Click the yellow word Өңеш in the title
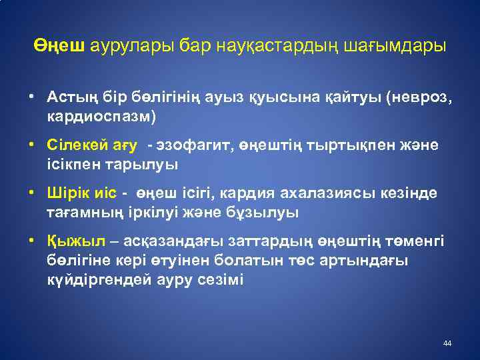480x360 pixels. (60, 46)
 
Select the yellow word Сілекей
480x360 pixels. (75, 145)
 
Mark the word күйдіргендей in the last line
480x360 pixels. (92, 279)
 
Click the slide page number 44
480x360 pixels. (447, 343)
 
